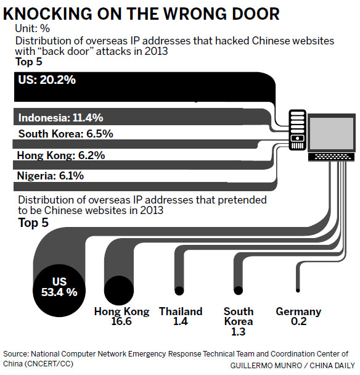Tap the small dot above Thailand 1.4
pyautogui.click(x=179, y=290)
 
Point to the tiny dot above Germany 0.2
pyautogui.click(x=298, y=289)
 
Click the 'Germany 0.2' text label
pyautogui.click(x=298, y=317)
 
